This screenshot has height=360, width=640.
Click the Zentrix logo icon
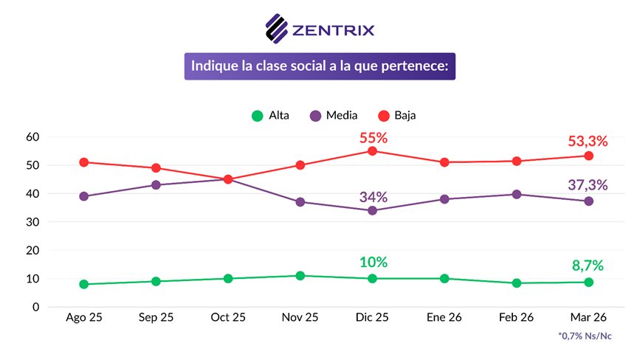coord(276,29)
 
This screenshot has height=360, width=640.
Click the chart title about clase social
coord(320,66)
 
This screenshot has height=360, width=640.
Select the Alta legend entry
coord(270,116)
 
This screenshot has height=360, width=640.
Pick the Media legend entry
coord(334,116)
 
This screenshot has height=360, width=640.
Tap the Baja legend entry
coord(396,116)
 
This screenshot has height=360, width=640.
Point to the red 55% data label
coord(374,138)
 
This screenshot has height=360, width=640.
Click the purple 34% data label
coord(374,197)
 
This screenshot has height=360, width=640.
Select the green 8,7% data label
coord(588,266)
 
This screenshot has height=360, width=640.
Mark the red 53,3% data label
coord(588,141)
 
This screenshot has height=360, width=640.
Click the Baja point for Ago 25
coord(83,162)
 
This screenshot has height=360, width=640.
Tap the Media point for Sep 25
coord(156,185)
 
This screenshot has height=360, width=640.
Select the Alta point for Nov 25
coord(300,276)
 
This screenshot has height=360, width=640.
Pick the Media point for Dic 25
coord(372,211)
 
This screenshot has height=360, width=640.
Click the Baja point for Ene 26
coord(444,162)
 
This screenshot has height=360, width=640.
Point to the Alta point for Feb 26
coord(516,283)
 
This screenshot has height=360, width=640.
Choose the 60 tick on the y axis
coord(32,137)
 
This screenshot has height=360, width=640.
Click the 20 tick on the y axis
coord(32,250)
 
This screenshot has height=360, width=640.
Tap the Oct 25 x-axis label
coord(228,317)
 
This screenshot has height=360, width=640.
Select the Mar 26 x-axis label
coord(588,317)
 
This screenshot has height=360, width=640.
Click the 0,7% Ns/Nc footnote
coord(585,336)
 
